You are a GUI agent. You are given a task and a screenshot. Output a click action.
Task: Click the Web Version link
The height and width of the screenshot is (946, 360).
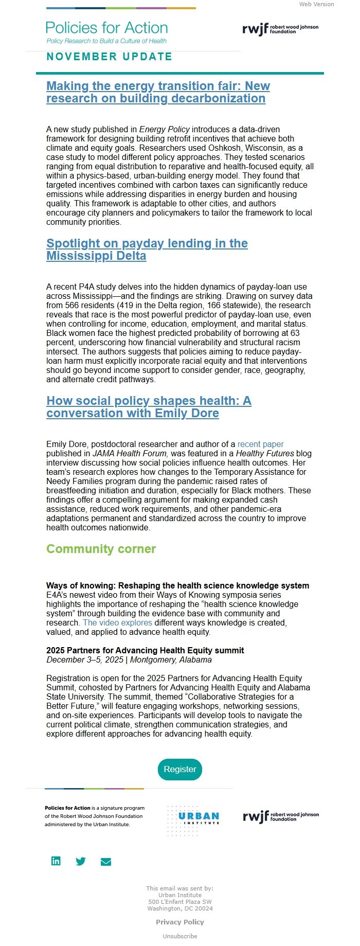[x=316, y=4]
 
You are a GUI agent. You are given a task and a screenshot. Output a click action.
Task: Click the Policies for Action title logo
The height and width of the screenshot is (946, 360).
[x=106, y=28]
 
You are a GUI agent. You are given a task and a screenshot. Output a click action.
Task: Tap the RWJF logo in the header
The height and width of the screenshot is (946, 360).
[x=280, y=29]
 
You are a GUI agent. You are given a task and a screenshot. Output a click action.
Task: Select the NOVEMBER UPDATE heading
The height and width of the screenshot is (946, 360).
[x=109, y=57]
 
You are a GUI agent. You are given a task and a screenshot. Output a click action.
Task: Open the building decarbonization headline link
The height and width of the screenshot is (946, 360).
[x=158, y=92]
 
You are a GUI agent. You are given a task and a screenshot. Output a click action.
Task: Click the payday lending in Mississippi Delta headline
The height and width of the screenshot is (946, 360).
[x=147, y=249]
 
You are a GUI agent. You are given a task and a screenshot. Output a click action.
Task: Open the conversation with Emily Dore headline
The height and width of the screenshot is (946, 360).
[x=149, y=407]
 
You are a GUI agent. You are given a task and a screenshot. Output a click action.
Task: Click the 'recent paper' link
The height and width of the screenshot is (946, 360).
[x=260, y=444]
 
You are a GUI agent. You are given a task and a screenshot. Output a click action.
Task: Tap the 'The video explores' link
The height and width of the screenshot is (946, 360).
[x=117, y=622]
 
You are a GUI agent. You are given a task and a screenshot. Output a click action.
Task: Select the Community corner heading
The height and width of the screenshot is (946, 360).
[x=101, y=549]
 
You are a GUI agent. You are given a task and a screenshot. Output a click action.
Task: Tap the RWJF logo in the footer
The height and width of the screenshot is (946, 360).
[x=281, y=816]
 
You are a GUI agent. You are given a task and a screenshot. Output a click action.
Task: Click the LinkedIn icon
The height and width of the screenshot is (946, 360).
[x=56, y=861]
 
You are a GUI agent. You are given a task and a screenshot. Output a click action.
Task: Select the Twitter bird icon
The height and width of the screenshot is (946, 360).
[x=81, y=862]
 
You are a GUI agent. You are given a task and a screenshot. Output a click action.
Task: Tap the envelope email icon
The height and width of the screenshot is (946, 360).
[x=106, y=862]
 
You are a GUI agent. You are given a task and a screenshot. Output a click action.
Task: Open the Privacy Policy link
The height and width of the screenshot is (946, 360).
[x=180, y=922]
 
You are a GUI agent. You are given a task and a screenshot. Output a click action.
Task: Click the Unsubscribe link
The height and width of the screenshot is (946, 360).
[x=180, y=936]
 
